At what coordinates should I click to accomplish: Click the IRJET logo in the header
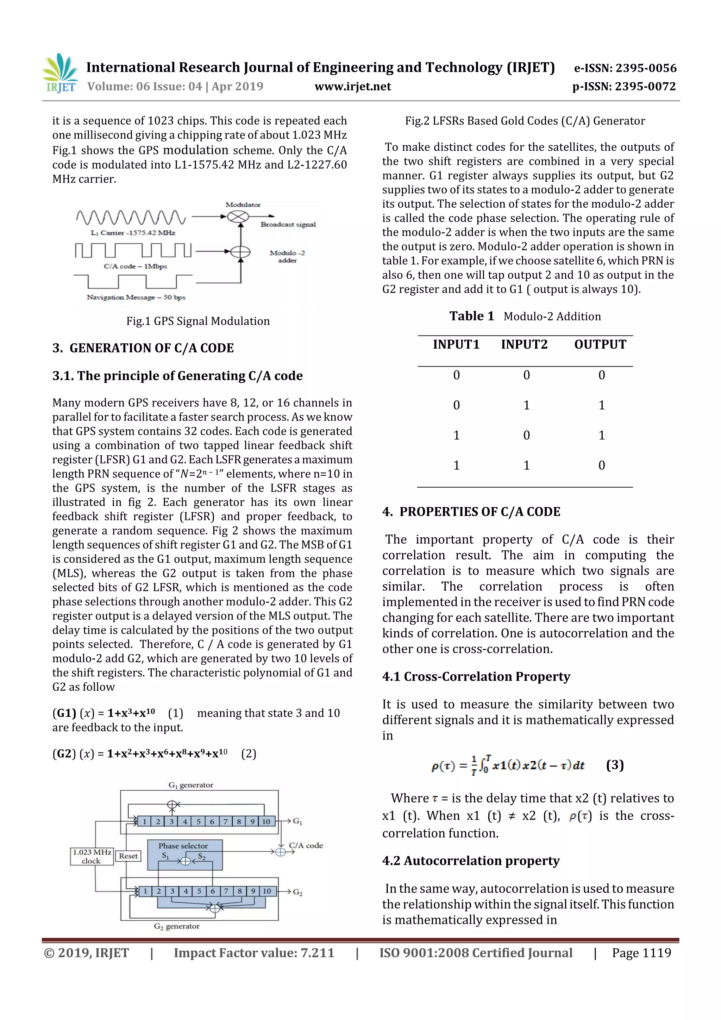60,73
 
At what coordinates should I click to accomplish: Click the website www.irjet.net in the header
353,87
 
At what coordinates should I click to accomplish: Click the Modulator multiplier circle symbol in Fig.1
239,217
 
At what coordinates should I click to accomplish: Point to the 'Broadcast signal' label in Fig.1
288,224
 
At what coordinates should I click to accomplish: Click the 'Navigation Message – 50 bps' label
136,297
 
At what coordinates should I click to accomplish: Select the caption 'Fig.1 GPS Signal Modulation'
198,321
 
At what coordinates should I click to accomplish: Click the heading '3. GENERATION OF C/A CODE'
143,348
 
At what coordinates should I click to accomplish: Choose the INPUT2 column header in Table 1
524,344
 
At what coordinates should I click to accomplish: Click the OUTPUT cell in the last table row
602,465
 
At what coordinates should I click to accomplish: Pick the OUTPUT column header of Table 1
600,344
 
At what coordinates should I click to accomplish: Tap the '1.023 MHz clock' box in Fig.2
92,856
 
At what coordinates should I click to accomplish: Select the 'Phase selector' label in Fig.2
183,845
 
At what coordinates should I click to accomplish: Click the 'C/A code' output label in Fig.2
306,845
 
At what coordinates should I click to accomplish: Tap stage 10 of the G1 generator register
266,821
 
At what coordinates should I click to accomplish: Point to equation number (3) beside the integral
615,765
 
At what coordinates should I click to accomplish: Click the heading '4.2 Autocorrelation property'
470,861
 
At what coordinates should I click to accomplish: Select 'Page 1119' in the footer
641,952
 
